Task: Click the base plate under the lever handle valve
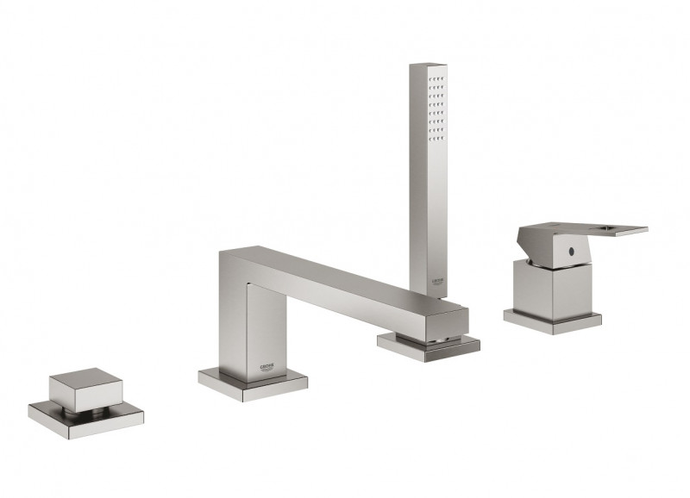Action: click(552, 321)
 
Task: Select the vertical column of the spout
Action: click(259, 327)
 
